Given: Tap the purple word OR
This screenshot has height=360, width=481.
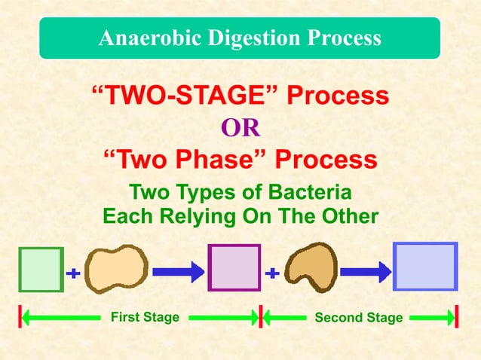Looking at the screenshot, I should coord(240,129).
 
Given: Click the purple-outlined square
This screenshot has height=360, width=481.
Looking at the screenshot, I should coord(234,267).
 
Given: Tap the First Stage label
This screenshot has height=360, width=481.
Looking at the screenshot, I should coord(145,317).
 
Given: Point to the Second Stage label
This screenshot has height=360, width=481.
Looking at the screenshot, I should coord(359,318).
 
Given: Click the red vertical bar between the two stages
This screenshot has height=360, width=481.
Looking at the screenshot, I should coord(260,317).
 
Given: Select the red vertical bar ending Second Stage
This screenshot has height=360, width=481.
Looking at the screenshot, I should coord(457,317).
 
